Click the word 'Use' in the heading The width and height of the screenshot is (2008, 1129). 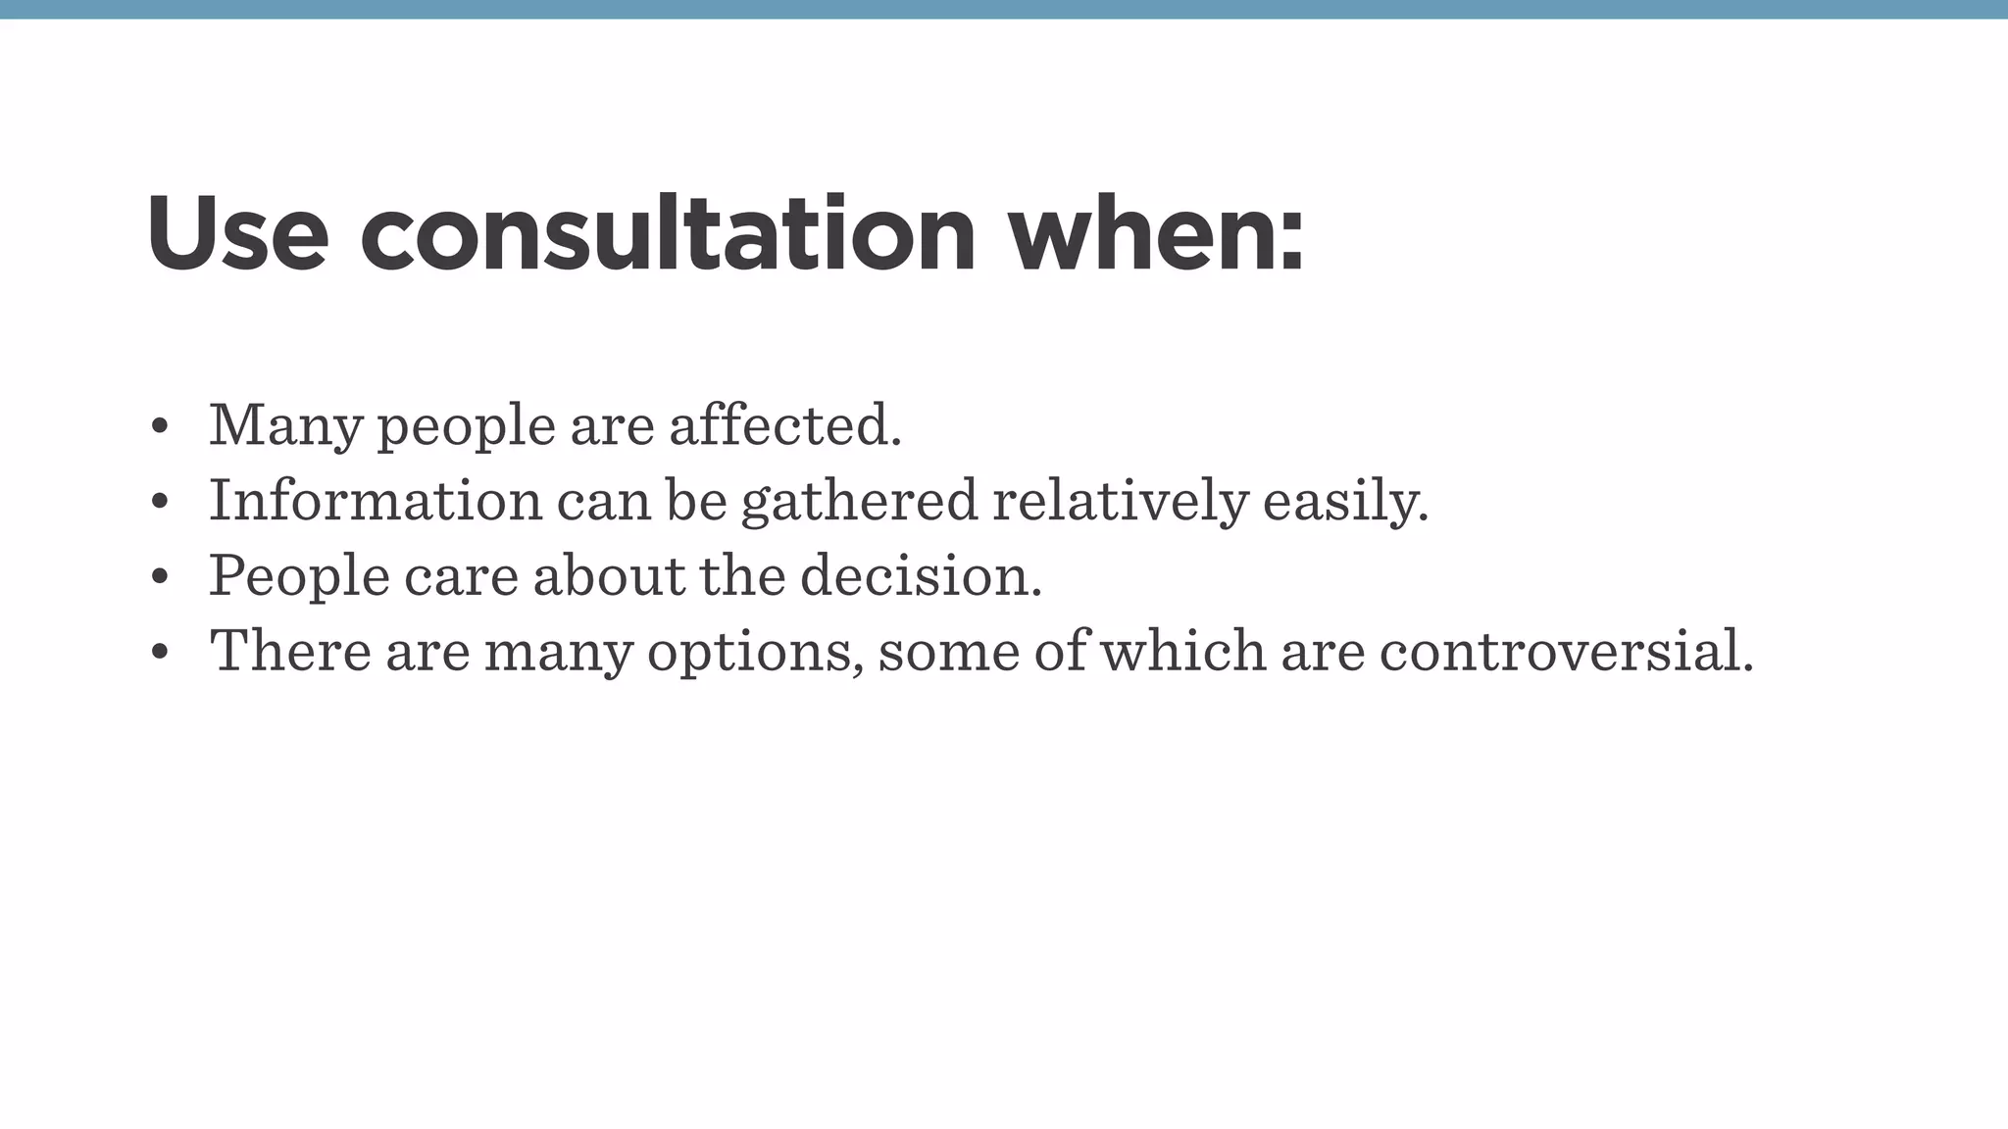236,234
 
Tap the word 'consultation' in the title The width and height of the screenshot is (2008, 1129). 668,234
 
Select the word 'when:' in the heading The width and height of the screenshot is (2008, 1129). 1157,234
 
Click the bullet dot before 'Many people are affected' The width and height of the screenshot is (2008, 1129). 160,428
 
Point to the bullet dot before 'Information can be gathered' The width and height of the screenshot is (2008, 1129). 160,503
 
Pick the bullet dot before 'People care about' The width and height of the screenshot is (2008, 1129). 160,578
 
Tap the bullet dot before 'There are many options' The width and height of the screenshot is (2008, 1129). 160,653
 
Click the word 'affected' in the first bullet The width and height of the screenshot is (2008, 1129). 784,425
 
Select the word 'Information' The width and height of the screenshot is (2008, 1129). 375,500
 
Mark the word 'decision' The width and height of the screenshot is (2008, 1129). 921,575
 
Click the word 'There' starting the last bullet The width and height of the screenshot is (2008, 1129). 290,650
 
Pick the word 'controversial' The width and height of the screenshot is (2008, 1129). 1565,651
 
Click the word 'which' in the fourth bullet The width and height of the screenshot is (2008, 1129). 1182,650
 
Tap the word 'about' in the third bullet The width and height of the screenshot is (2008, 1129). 609,575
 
